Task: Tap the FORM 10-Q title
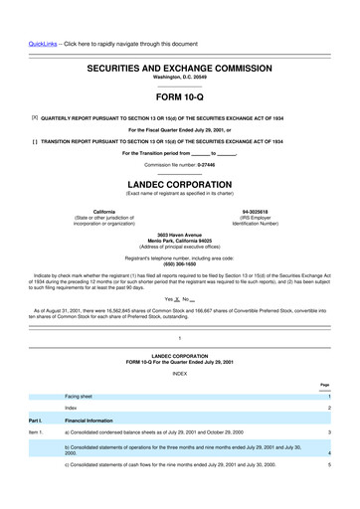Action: click(x=179, y=98)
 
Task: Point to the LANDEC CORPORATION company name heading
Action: click(x=179, y=184)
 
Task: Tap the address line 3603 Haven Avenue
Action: click(x=179, y=235)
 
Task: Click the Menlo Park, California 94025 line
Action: click(x=179, y=241)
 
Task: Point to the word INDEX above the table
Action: click(x=179, y=373)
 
